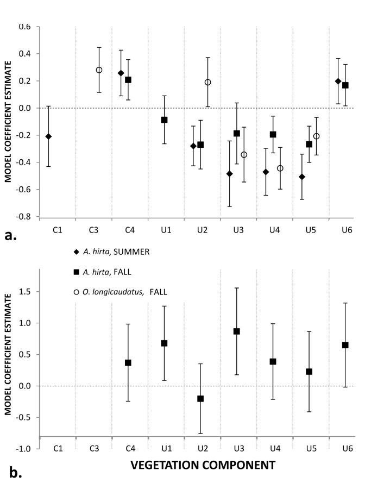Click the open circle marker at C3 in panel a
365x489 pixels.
[x=99, y=70]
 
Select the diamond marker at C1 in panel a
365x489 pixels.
[x=48, y=136]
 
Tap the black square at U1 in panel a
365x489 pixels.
[x=164, y=120]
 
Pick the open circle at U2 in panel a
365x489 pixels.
[x=207, y=83]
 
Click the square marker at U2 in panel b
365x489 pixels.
[x=200, y=398]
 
